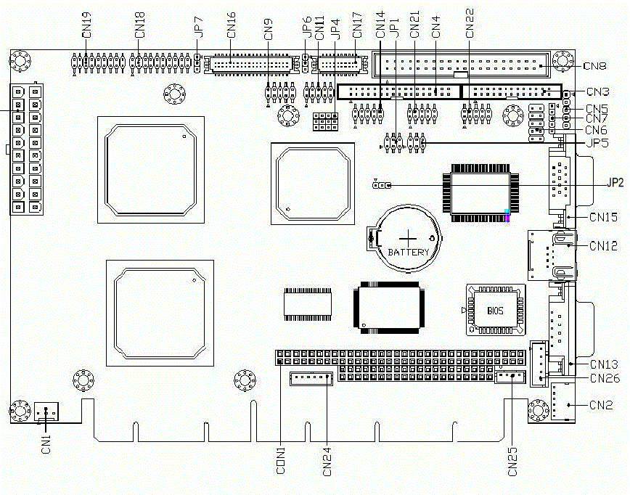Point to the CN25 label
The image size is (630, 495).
513,461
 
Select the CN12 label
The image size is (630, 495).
604,246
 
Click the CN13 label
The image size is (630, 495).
604,364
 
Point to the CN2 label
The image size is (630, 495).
601,405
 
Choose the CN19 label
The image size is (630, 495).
86,25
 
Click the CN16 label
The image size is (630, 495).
232,25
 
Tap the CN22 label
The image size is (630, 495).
469,23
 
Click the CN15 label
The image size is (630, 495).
604,216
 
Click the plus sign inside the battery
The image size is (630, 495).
409,237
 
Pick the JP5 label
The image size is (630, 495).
597,142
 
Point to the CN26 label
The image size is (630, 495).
604,378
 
